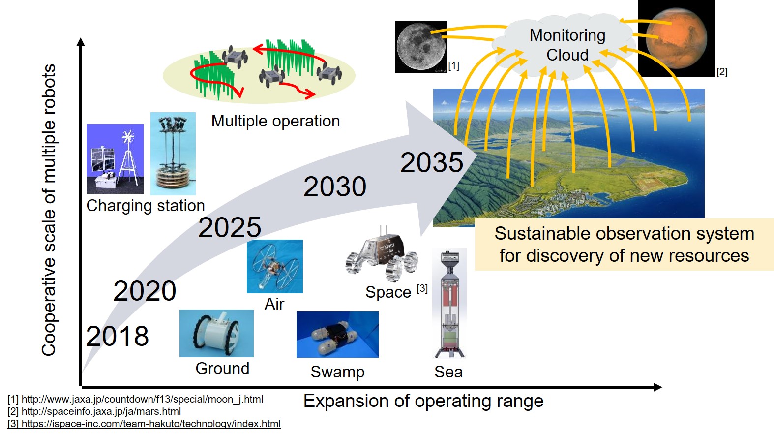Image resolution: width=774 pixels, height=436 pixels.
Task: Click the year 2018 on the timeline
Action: [118, 336]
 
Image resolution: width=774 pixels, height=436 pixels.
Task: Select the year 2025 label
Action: [230, 227]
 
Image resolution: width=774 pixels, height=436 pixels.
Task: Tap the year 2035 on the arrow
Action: [432, 162]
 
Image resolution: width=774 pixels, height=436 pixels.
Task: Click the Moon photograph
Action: [421, 47]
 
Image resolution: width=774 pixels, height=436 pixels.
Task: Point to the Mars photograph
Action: [676, 38]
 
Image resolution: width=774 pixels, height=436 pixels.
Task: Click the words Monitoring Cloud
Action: [567, 45]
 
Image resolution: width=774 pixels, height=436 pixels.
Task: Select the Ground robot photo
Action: [217, 333]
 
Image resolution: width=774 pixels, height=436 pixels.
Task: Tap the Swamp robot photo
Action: [338, 335]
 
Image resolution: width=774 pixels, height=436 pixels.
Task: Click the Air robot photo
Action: [275, 267]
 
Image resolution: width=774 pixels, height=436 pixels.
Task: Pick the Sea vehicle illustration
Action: [449, 304]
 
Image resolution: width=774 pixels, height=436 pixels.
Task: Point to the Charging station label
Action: [146, 206]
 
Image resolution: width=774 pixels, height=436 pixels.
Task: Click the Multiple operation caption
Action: [276, 122]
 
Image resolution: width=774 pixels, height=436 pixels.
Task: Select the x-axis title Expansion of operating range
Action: [423, 402]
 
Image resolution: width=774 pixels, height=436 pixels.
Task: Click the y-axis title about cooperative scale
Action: [49, 210]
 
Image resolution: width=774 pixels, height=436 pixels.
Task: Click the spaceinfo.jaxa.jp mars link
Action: [101, 411]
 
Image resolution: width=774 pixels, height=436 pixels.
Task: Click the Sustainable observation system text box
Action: [625, 245]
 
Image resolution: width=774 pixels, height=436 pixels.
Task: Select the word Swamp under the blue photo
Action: [338, 372]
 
